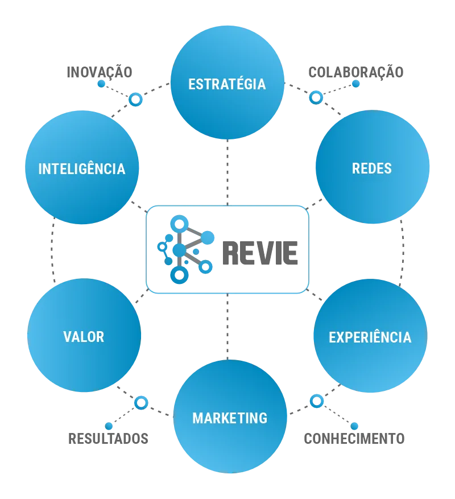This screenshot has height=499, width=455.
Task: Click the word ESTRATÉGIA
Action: click(x=227, y=84)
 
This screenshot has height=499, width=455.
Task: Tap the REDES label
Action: click(x=372, y=168)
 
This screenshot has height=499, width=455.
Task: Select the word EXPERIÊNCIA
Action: click(x=370, y=337)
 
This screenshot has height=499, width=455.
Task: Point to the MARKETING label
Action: click(x=230, y=418)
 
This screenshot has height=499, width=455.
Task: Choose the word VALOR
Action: click(x=84, y=337)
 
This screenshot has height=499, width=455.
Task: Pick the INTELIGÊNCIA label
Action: click(x=82, y=169)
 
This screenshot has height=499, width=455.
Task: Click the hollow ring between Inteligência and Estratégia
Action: click(x=135, y=100)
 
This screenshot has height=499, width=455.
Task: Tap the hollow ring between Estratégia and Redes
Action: click(x=316, y=97)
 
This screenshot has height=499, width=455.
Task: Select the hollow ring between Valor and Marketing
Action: click(x=140, y=403)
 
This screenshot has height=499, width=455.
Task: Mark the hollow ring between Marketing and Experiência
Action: click(x=317, y=401)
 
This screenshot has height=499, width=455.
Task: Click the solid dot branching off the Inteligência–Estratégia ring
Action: click(x=102, y=84)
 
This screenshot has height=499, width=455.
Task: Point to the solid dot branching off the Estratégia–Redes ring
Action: click(x=355, y=84)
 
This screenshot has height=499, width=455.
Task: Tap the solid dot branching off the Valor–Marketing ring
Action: click(x=109, y=426)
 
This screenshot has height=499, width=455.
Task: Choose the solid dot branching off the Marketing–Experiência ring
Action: click(x=354, y=426)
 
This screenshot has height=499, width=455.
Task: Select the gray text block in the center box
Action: click(x=261, y=254)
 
